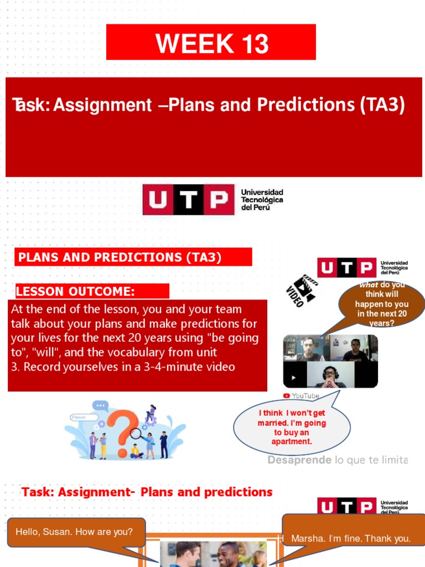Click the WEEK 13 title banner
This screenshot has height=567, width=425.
click(x=211, y=43)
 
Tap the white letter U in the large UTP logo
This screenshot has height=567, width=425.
click(x=157, y=200)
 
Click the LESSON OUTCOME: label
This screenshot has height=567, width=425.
click(x=75, y=291)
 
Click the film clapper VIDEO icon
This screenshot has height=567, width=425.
click(x=302, y=290)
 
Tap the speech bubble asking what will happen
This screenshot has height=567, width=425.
click(x=382, y=304)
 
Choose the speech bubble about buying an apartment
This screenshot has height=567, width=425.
click(x=292, y=427)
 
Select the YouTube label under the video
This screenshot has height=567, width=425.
click(x=302, y=396)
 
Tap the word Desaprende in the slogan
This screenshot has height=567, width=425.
click(x=299, y=460)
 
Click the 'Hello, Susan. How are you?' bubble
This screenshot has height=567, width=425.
click(x=74, y=532)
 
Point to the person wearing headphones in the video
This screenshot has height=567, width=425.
click(x=330, y=375)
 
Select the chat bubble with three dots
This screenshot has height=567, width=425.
click(x=101, y=406)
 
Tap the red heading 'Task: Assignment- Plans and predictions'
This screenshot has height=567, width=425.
click(x=147, y=492)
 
